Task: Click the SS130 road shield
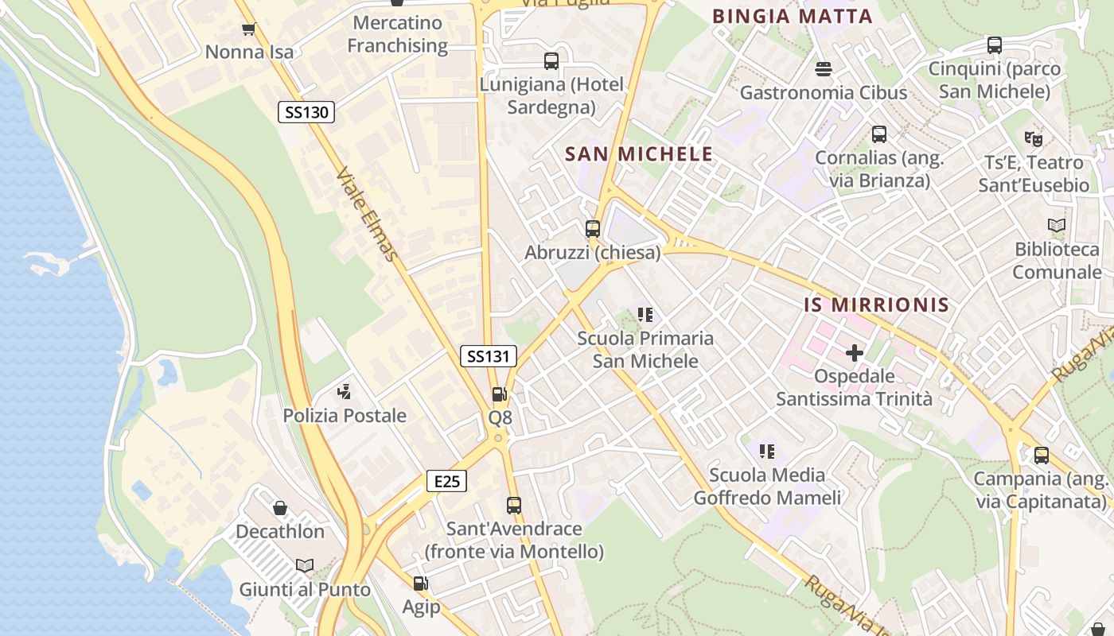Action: tap(306, 112)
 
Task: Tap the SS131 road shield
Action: tap(488, 356)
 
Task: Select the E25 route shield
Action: tap(446, 481)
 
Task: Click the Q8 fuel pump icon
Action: tap(499, 394)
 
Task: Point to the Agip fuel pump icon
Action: tap(421, 584)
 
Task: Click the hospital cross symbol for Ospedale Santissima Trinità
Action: tap(855, 352)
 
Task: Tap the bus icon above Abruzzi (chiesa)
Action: tap(593, 229)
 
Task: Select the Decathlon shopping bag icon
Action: tap(280, 507)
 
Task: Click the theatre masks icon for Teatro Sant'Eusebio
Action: tap(1034, 138)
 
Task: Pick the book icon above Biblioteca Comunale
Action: tap(1057, 225)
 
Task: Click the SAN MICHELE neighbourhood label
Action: tap(639, 154)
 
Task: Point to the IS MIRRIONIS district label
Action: tap(876, 305)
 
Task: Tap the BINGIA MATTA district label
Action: tap(793, 16)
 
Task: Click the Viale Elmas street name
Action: tap(366, 214)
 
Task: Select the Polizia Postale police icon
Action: tap(345, 391)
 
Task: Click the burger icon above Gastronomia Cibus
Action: tap(824, 69)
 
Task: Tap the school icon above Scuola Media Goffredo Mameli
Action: tap(767, 452)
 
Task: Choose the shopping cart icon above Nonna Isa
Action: tap(248, 29)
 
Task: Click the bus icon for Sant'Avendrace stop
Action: tap(514, 505)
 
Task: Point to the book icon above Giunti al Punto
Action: tap(305, 565)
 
